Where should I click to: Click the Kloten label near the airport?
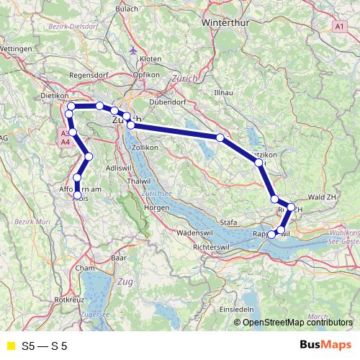tap(151, 58)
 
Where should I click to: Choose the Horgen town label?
tap(156, 207)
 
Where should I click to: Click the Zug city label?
tap(125, 280)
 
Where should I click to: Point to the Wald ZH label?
tap(322, 195)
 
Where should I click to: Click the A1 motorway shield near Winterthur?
tap(339, 25)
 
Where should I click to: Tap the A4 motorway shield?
tap(66, 143)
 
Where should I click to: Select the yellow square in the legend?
tap(10, 346)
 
